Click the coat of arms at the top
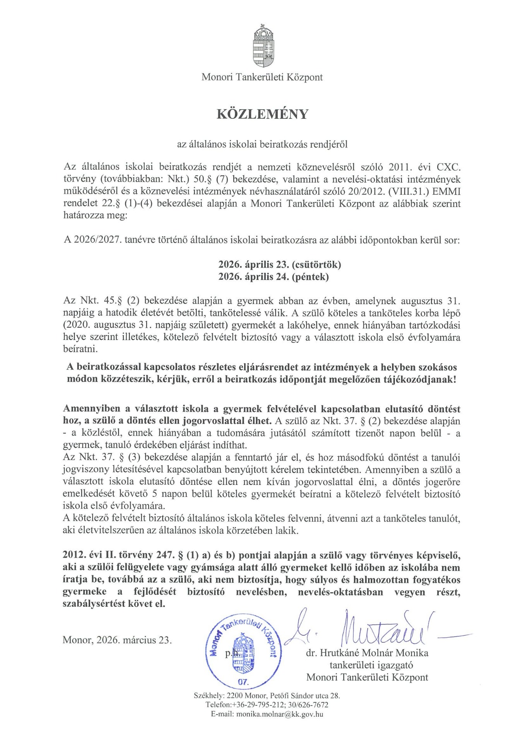pos(262,47)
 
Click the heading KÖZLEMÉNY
pos(262,114)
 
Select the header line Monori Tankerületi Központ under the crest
pos(262,77)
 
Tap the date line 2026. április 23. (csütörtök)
pos(279,265)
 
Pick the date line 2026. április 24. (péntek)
pos(274,277)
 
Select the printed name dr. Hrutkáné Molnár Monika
pos(367,653)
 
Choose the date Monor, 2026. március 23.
pos(117,640)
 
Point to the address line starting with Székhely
pos(267,695)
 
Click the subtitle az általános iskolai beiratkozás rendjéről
pos(262,144)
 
